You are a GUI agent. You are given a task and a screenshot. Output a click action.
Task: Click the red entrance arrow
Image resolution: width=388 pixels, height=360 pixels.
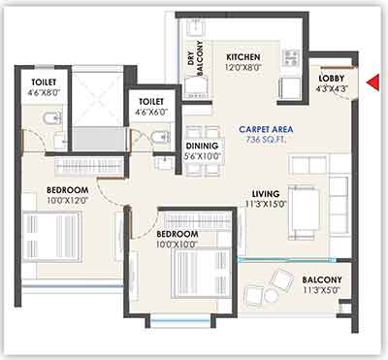point(372,82)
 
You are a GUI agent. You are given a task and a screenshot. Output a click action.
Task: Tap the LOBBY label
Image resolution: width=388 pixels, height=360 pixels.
point(331,79)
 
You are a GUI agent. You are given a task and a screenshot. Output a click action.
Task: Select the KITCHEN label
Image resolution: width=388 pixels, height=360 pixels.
point(243,57)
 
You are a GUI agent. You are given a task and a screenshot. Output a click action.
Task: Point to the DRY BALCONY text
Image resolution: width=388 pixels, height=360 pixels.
point(195,59)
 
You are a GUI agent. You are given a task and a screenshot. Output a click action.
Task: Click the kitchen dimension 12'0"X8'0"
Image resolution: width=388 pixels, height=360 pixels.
point(243,68)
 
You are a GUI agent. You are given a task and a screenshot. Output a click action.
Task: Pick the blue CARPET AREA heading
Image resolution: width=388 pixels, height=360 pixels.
point(266,129)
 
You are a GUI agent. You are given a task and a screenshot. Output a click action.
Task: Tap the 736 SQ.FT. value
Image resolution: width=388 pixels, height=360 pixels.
point(266,140)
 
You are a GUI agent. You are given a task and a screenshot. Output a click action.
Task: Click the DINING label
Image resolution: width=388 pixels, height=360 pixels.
point(202,146)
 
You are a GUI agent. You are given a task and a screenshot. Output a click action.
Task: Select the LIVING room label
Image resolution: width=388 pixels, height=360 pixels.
point(266,194)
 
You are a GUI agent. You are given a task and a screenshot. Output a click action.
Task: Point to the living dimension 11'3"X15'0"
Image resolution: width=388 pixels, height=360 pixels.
point(266,204)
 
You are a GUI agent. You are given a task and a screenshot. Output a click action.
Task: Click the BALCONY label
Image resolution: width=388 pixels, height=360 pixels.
point(322,279)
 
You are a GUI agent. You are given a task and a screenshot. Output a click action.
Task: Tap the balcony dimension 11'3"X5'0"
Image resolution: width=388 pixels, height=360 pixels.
point(322,290)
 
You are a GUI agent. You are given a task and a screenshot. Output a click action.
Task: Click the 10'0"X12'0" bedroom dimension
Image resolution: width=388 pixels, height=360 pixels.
point(68,200)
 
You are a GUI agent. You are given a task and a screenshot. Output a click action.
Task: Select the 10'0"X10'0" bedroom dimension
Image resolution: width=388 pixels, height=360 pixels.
point(177,245)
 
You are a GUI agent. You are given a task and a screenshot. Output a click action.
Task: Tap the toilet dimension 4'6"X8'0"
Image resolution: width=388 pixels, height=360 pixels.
point(44,93)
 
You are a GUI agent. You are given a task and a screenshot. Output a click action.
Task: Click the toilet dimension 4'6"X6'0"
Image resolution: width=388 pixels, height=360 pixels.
point(151,113)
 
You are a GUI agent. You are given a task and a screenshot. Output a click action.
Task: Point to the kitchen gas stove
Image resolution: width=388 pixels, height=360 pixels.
point(292,57)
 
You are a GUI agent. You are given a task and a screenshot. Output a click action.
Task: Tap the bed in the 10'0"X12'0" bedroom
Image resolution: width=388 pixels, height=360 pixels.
point(51,236)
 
